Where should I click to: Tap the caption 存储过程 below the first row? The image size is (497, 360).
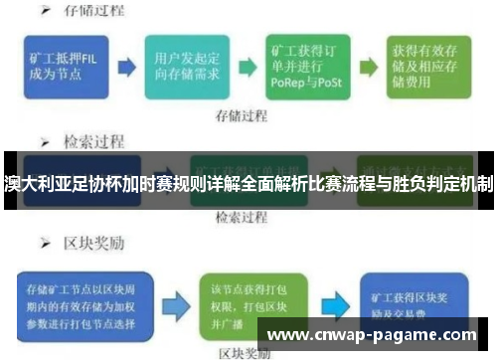242,115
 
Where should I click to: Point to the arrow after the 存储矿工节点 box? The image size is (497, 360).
172,299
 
